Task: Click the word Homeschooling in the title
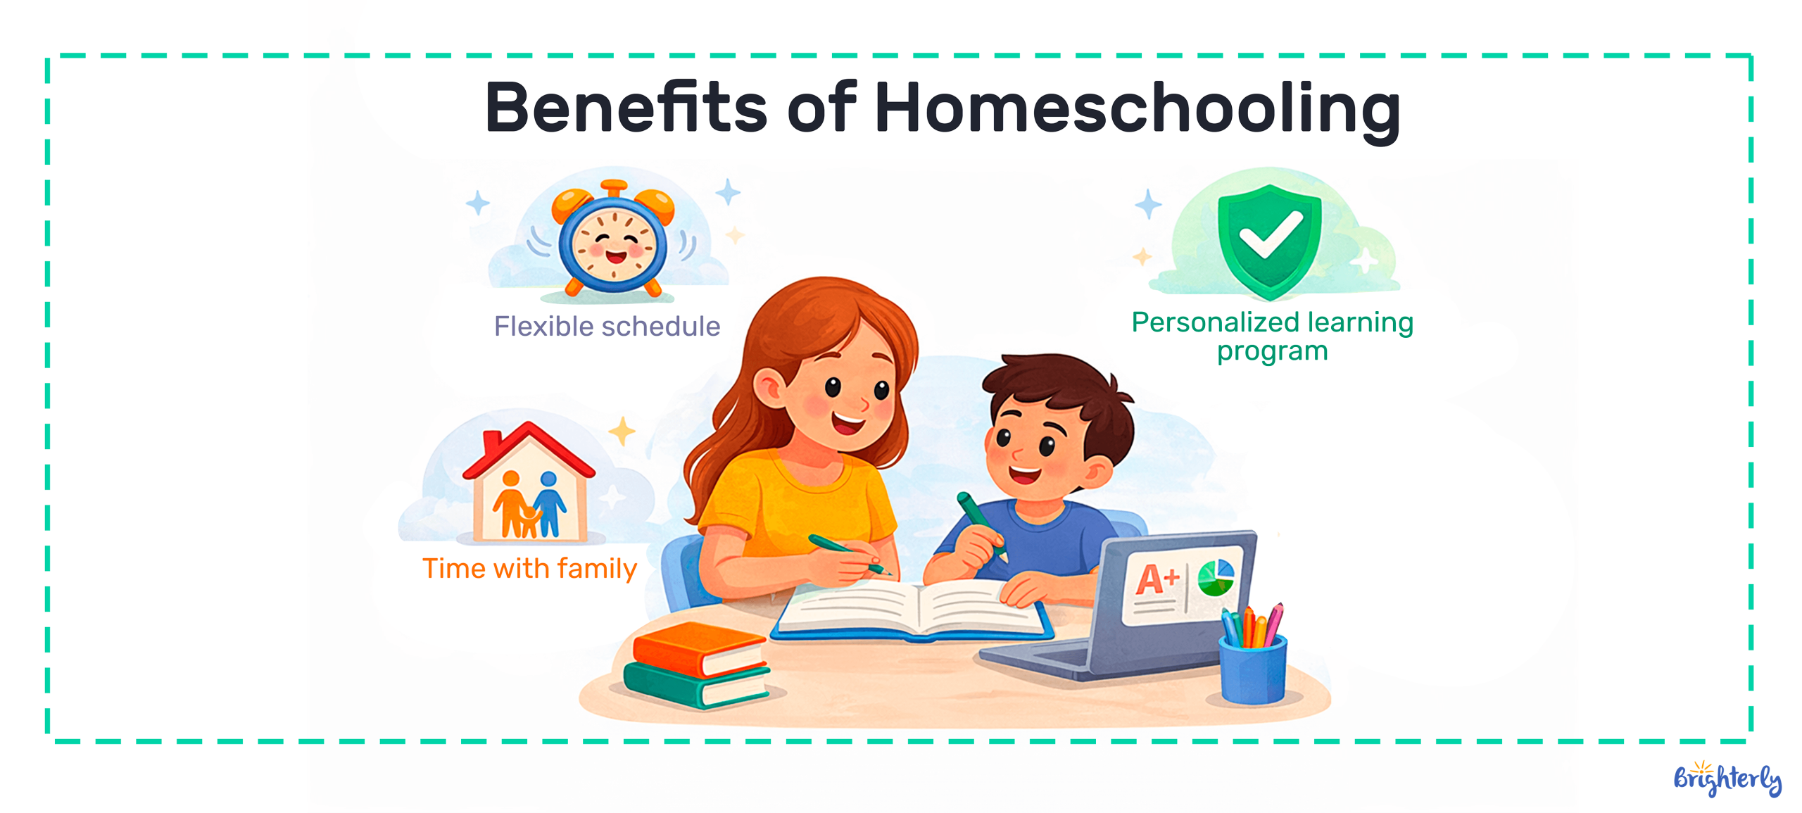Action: [x=1137, y=109]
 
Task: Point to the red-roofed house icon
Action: [x=529, y=483]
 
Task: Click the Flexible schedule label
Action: [x=607, y=327]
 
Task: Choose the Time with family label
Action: [x=529, y=568]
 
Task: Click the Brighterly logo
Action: [x=1727, y=779]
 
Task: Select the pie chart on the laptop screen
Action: [x=1216, y=577]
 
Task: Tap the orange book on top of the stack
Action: [x=698, y=648]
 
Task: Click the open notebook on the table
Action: [x=912, y=610]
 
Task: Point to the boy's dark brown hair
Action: [x=1063, y=401]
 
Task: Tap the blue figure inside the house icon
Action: [x=549, y=503]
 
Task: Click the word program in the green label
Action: [x=1273, y=352]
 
